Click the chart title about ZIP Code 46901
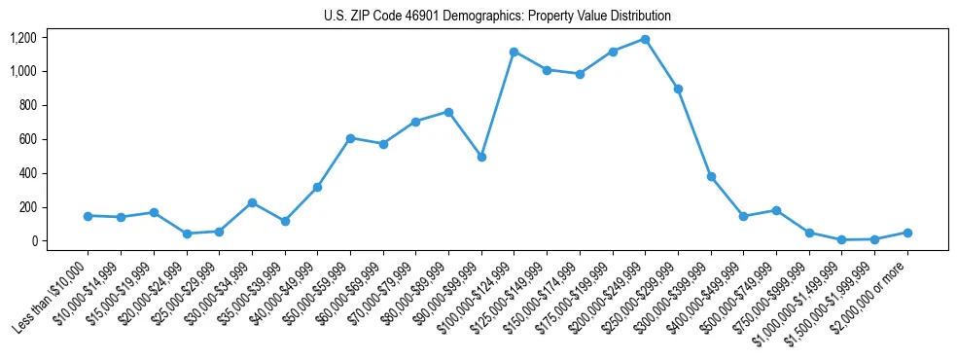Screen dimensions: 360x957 pos(497,17)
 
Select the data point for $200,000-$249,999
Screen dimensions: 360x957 pos(645,40)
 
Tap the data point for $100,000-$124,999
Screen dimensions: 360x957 pos(514,52)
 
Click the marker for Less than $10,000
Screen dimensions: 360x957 pos(89,216)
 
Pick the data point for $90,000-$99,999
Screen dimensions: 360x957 pos(481,157)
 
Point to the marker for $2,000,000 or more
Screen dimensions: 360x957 pos(907,233)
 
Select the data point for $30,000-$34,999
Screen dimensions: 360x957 pos(252,202)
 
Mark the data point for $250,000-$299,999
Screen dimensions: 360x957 pos(678,89)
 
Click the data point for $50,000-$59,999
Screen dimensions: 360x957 pos(350,138)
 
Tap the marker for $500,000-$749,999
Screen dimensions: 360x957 pos(776,210)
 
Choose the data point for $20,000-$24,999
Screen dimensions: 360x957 pos(187,234)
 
